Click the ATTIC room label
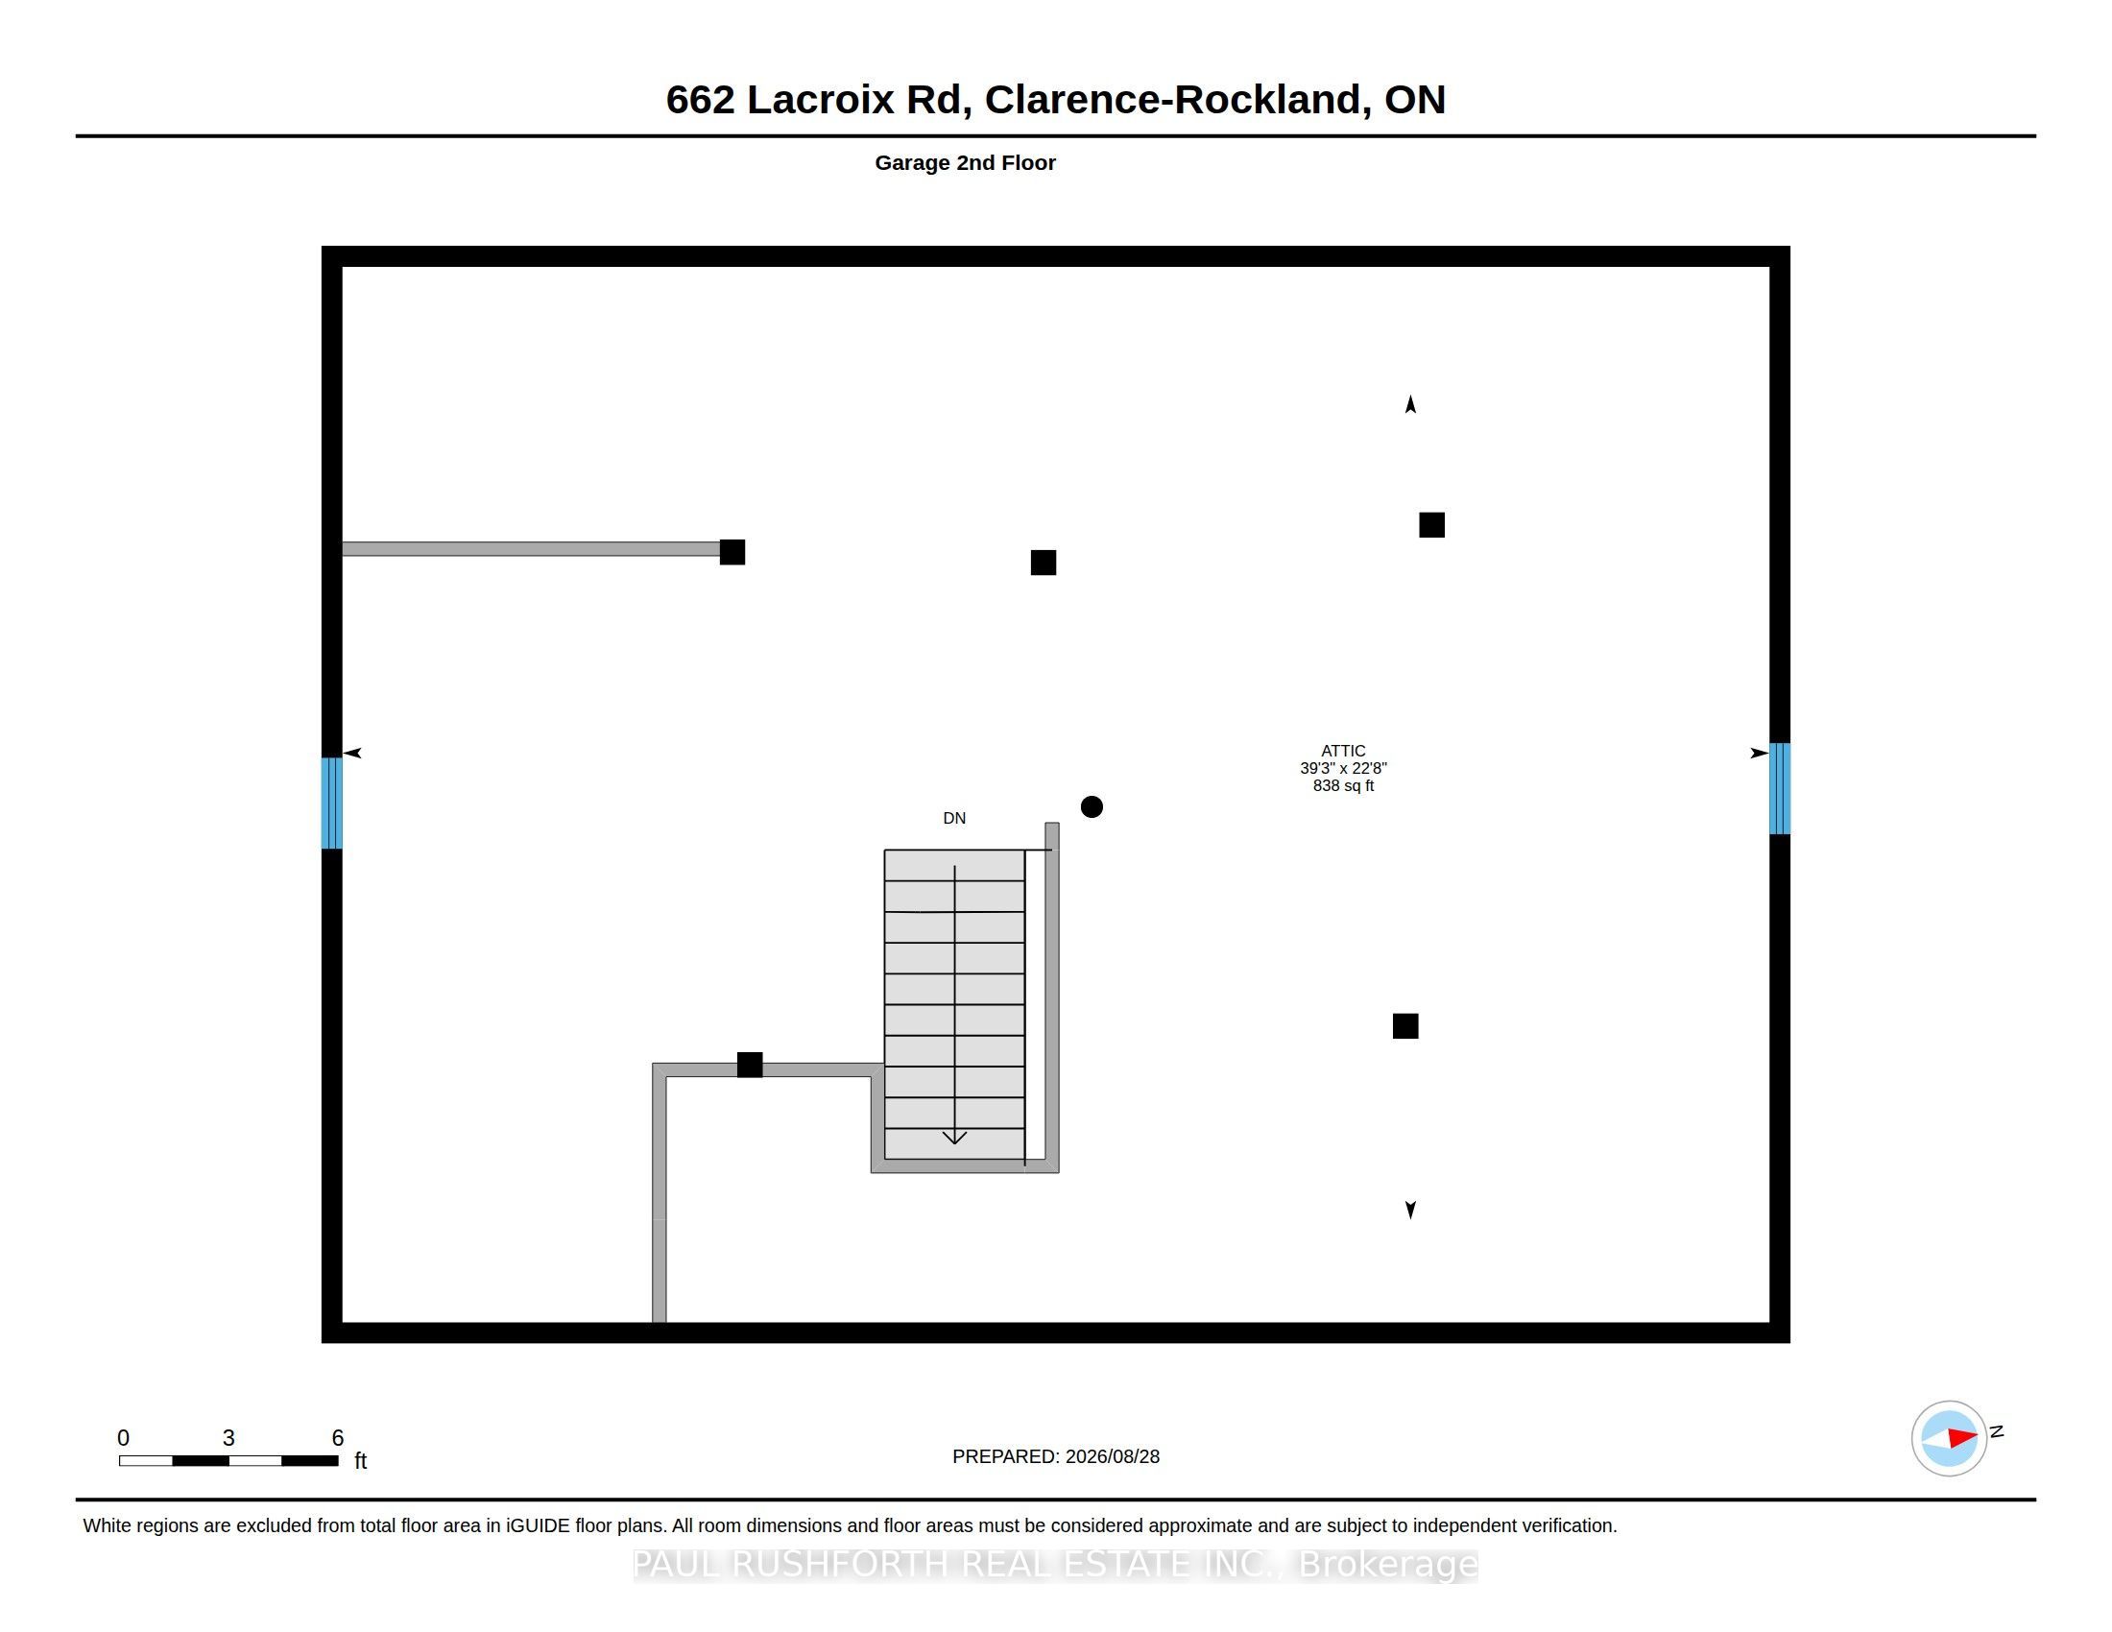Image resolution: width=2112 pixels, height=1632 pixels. (1343, 751)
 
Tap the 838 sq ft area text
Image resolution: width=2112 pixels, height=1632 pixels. (1343, 786)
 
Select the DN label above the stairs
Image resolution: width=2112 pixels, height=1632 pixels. (954, 818)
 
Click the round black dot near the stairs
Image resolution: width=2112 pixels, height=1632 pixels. (1092, 806)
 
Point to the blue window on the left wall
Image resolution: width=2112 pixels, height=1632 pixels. (332, 803)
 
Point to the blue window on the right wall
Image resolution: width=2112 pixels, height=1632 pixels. (1779, 788)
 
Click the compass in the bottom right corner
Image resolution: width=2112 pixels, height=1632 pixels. (1949, 1438)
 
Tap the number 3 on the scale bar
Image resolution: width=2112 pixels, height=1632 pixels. (228, 1438)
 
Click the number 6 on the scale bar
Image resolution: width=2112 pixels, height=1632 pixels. (338, 1438)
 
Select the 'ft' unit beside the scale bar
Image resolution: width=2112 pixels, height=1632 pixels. (361, 1460)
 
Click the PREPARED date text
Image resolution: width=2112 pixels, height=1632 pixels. (1056, 1456)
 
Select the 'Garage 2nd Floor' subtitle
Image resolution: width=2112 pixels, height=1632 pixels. (965, 162)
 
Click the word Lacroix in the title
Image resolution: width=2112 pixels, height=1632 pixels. (820, 99)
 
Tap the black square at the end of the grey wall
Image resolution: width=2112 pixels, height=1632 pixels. (732, 552)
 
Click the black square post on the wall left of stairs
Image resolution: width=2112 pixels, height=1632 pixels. (750, 1065)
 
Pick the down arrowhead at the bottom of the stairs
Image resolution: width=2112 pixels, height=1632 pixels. (954, 1138)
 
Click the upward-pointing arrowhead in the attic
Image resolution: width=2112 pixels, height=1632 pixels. (1411, 404)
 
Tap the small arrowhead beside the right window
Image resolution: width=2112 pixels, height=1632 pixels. (1759, 754)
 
